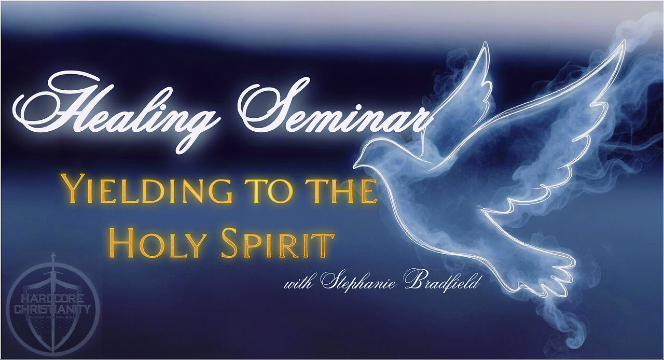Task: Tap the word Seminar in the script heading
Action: pyautogui.click(x=332, y=112)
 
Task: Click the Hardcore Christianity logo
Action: pyautogui.click(x=52, y=306)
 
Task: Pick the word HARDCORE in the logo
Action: pyautogui.click(x=52, y=300)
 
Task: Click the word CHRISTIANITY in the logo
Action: pyautogui.click(x=52, y=310)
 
